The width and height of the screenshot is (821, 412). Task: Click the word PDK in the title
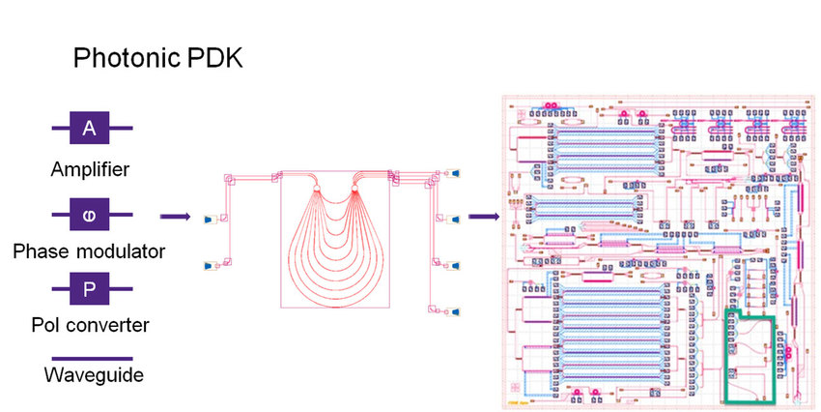[x=215, y=59]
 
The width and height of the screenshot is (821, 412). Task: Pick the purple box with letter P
[x=89, y=286]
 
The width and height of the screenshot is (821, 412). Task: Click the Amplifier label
[x=90, y=170]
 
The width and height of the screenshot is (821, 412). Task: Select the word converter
[x=108, y=325]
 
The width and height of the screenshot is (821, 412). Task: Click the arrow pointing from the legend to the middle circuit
[x=173, y=218]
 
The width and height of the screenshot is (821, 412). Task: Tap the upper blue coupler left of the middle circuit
[x=207, y=221]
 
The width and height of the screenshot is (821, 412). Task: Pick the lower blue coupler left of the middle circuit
[x=207, y=264]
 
